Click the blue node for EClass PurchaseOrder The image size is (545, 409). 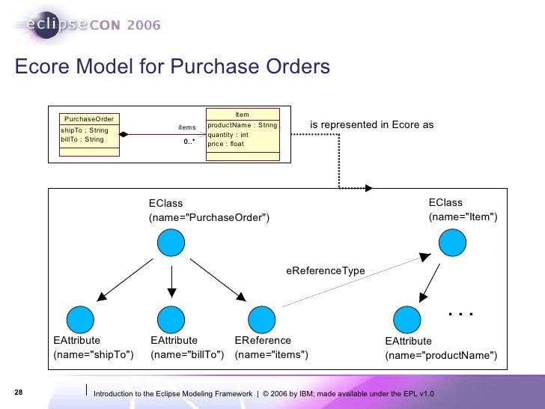(x=171, y=243)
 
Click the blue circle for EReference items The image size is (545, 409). (x=261, y=318)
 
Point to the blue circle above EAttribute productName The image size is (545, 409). (x=409, y=318)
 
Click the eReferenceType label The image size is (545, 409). (x=326, y=270)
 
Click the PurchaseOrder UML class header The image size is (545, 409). (x=89, y=119)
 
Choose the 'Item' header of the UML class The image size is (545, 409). (x=242, y=115)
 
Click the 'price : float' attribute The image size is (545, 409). (x=226, y=144)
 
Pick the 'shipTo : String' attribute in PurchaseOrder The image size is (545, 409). (x=85, y=130)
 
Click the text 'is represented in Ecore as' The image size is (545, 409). (x=372, y=124)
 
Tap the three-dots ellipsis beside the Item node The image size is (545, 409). (x=460, y=312)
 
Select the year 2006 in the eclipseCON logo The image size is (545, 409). (x=137, y=25)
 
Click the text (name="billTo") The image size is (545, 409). (x=187, y=354)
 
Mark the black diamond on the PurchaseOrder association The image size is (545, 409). (x=125, y=135)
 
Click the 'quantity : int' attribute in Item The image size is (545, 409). (x=228, y=135)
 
